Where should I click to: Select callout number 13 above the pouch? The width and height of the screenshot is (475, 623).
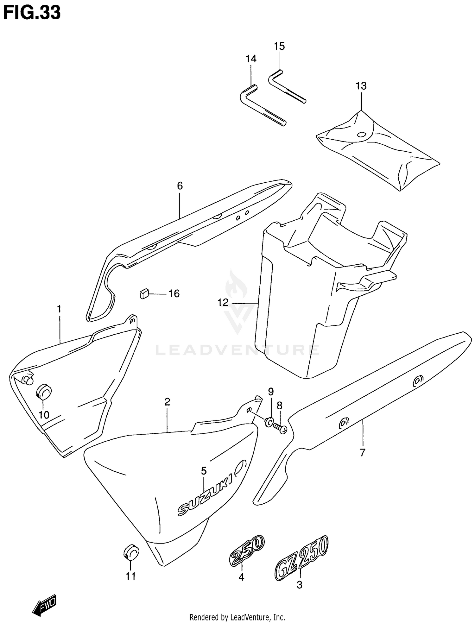361,86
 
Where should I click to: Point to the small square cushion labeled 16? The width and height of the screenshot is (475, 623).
144,293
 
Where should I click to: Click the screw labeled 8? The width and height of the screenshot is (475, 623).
280,428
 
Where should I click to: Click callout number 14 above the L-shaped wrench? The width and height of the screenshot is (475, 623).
251,59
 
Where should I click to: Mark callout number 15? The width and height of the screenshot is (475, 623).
279,46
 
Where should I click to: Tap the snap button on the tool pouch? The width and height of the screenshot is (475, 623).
361,135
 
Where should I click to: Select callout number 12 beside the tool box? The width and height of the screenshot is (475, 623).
223,303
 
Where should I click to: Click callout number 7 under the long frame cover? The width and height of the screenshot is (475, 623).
363,453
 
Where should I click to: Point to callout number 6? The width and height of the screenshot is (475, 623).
180,186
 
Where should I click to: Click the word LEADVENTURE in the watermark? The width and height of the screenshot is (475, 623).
237,350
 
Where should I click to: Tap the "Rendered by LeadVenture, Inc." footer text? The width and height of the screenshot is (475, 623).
237,617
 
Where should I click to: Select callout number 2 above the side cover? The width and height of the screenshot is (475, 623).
167,402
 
